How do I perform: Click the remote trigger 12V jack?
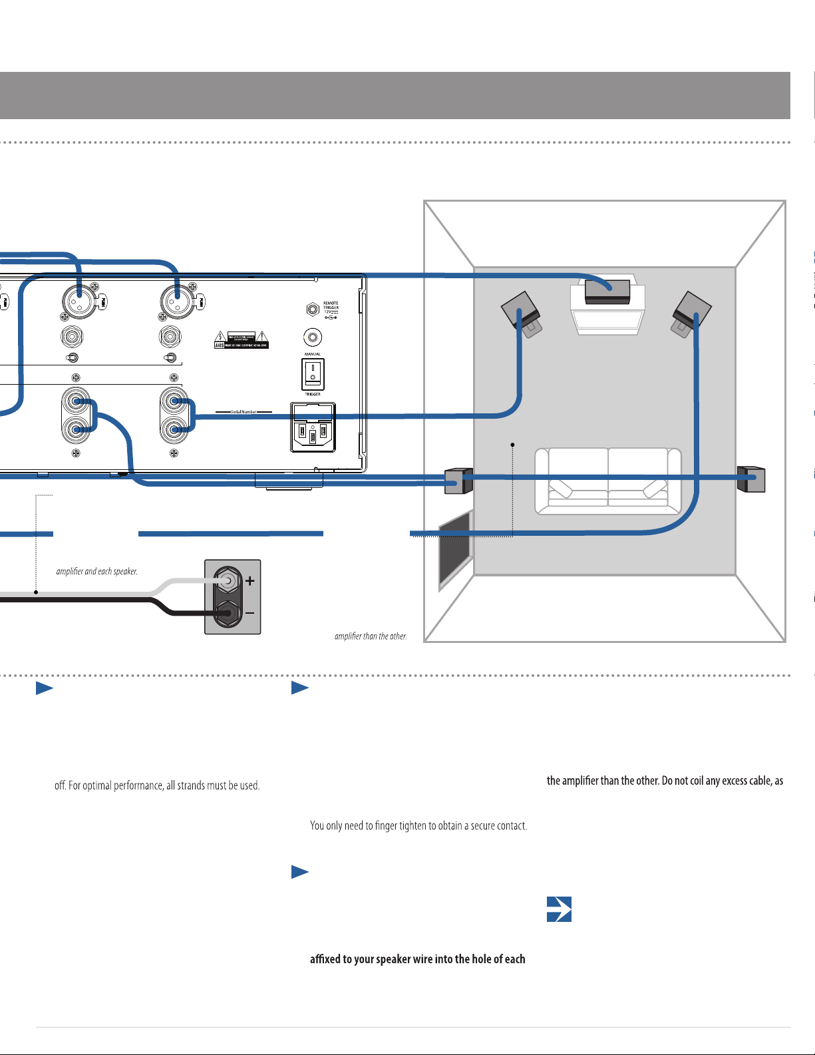point(313,310)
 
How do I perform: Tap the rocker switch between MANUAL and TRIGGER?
point(313,374)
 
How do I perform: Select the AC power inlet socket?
point(313,428)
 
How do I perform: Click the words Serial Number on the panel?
point(244,412)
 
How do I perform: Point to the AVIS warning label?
point(241,339)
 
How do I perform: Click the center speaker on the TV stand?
point(607,291)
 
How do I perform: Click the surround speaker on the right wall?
point(752,479)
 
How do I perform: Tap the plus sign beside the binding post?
point(250,581)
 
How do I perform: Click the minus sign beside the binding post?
point(250,612)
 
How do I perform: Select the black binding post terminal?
point(227,612)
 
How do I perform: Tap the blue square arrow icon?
point(559,909)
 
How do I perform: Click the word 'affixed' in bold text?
point(325,959)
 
